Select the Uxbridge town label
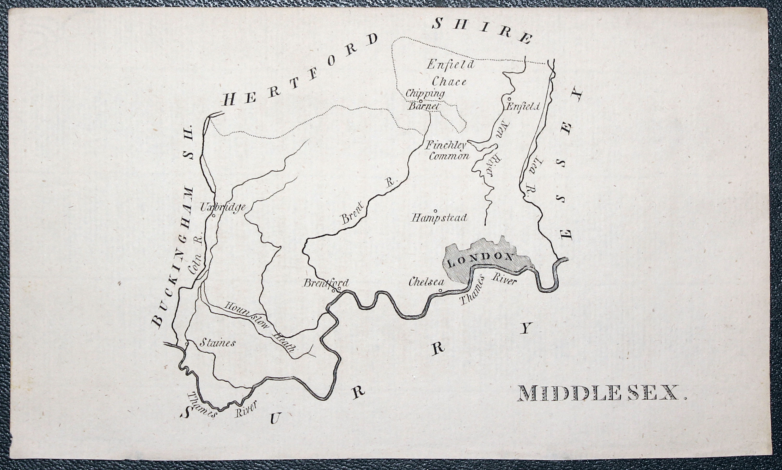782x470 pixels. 223,207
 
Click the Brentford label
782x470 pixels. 326,283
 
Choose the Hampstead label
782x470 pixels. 439,218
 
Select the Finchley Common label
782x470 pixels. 447,151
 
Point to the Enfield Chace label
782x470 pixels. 450,73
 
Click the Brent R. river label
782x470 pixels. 367,203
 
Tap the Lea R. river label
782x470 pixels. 535,177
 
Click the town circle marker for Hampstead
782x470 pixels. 435,210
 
